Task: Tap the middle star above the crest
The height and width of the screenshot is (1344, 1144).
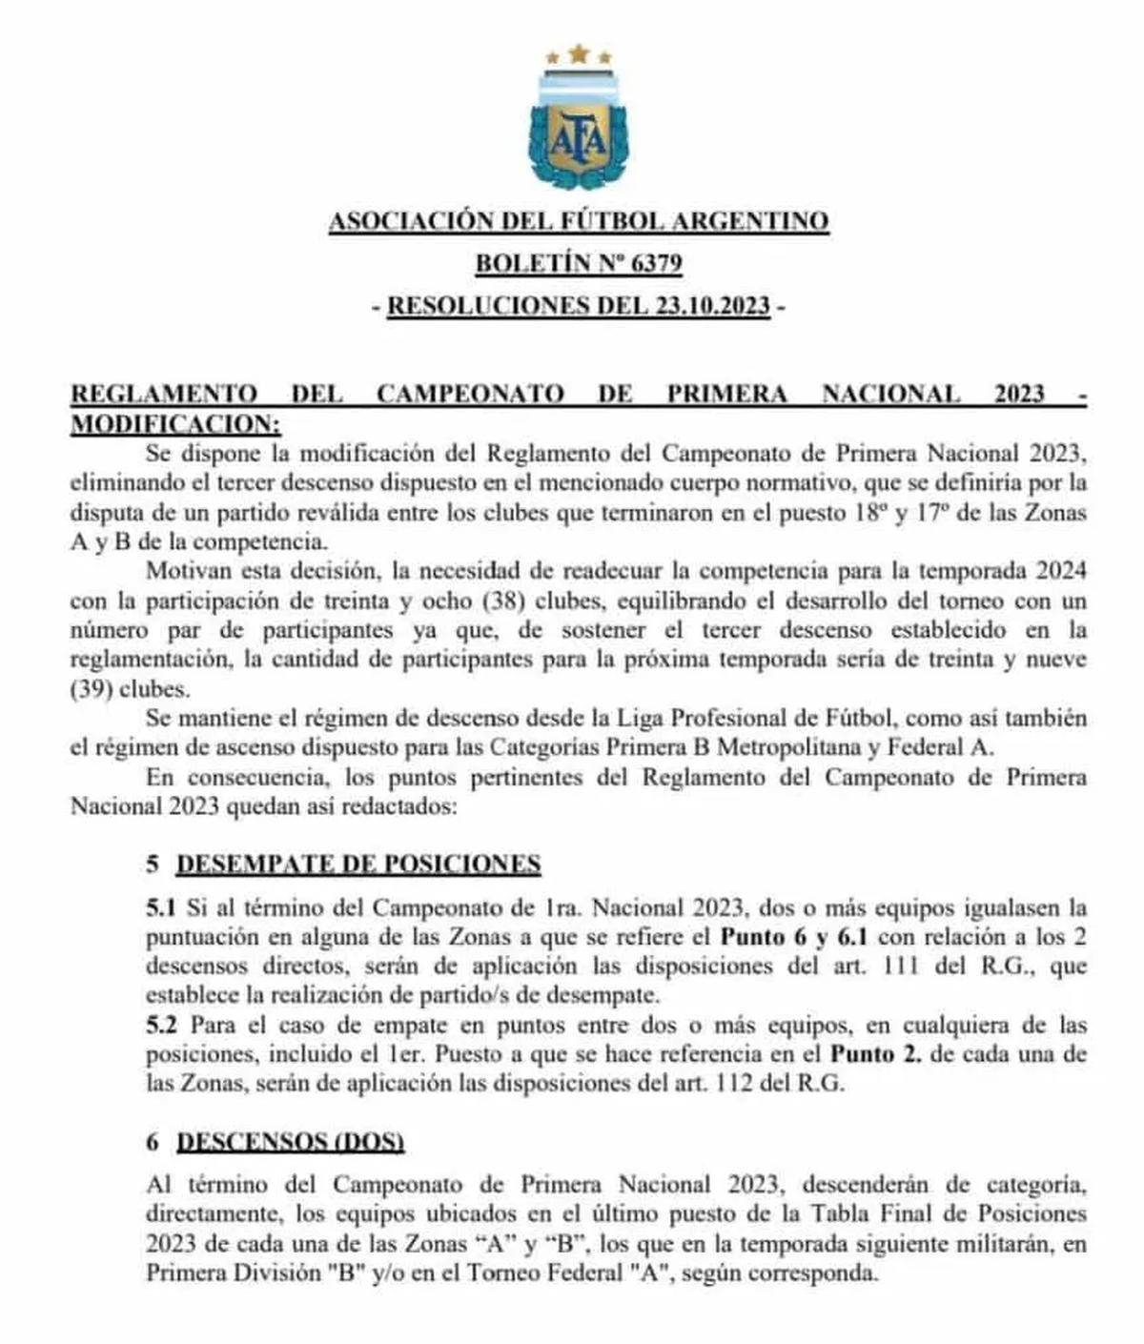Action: point(579,51)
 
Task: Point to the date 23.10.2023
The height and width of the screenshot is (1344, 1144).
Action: point(712,306)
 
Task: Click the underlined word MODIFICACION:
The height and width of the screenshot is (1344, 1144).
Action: point(176,422)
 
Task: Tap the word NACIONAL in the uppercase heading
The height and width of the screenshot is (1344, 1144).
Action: point(890,393)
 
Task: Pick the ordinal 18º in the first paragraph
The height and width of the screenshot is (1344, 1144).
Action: point(866,512)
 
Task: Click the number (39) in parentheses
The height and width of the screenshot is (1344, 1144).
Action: point(91,689)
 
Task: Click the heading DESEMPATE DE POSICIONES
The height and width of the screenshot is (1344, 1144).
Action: point(358,864)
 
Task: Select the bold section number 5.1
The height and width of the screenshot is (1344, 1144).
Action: point(161,906)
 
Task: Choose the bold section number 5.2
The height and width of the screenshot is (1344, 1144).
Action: point(161,1025)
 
